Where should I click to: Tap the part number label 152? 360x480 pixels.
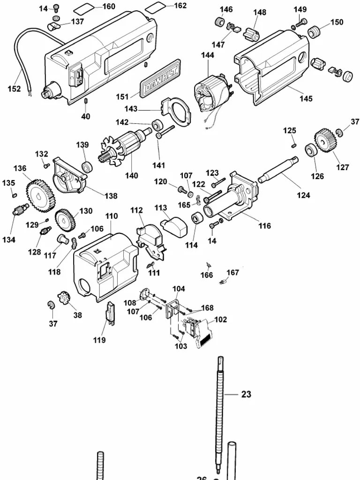coord(15,89)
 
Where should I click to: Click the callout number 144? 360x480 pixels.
coord(208,55)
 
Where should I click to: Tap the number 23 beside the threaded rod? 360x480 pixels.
coord(247,394)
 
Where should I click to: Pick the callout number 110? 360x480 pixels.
coord(111,216)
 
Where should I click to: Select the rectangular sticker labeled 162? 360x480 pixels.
coord(156,7)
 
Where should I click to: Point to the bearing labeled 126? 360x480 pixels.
coord(311,150)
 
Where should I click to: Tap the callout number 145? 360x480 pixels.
coord(306,99)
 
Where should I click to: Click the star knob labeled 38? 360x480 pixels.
coord(62,299)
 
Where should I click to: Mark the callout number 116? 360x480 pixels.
coord(264,226)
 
